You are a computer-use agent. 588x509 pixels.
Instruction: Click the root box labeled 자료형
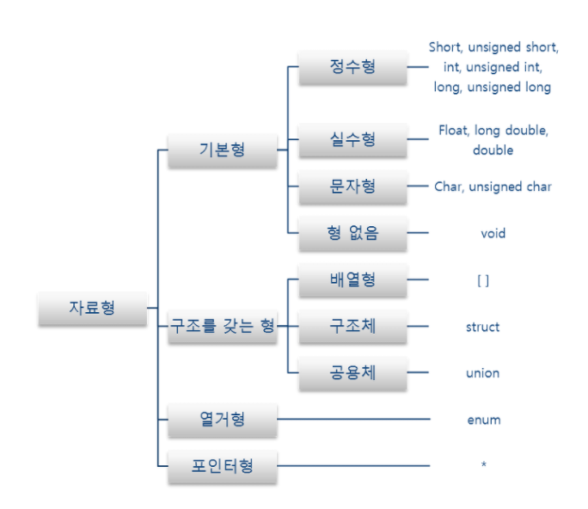93,307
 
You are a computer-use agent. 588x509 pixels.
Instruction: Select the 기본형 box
222,150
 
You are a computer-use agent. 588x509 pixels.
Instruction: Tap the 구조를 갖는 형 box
222,327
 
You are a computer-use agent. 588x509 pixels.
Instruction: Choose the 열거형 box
222,420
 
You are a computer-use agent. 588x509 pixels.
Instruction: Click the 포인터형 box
222,466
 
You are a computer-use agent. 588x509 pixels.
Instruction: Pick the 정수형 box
352,66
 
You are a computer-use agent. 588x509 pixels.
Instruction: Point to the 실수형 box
352,139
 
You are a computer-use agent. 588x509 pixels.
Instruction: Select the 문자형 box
352,186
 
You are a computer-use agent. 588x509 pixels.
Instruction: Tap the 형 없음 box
352,233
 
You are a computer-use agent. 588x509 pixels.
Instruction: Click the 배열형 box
352,280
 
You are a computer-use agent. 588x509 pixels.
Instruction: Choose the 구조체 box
352,327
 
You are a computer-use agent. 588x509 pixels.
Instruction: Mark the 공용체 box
352,373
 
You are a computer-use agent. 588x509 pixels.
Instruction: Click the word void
493,233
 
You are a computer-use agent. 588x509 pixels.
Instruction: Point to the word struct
482,327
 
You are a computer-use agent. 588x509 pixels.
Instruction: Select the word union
482,373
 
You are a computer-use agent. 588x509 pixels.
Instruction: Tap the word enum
484,420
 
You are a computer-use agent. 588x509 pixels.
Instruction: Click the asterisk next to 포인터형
484,466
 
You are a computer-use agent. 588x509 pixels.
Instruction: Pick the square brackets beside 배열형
482,280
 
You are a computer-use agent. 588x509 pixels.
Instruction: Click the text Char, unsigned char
493,186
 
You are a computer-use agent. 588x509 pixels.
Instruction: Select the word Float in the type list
453,132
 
